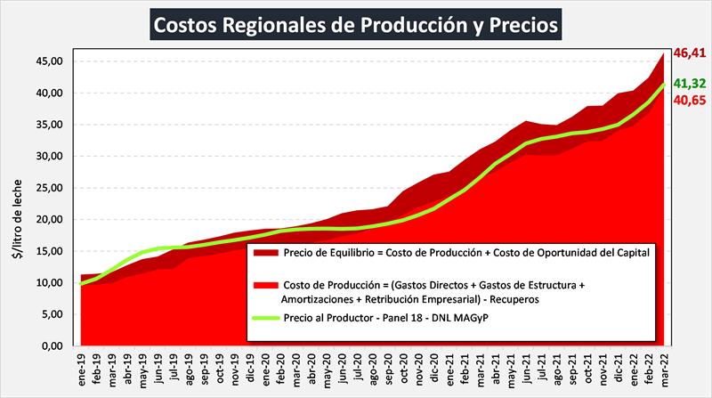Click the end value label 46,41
coord(690,53)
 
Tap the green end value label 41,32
coord(690,84)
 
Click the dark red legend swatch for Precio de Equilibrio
coord(265,253)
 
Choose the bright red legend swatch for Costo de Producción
coord(265,286)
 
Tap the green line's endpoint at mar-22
coord(663,85)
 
